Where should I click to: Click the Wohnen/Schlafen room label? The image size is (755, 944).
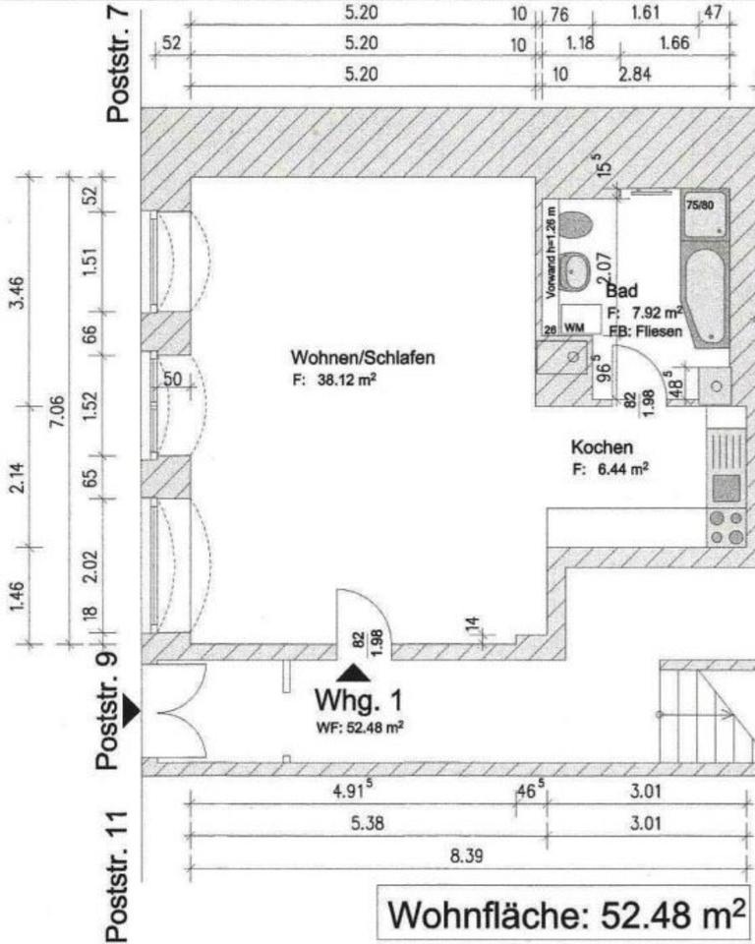[x=362, y=356]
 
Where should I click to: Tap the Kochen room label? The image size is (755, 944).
[x=602, y=447]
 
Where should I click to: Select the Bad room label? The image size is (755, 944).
[x=622, y=291]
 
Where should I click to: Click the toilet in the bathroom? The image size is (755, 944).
[x=576, y=223]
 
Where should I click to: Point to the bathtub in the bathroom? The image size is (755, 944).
[x=707, y=295]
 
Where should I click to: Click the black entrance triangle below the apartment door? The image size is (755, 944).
[x=354, y=673]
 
